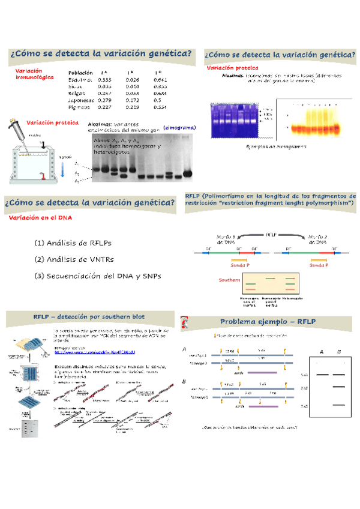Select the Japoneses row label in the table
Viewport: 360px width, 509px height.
point(80,100)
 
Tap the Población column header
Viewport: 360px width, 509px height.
point(80,73)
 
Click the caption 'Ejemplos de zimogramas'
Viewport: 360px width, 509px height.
point(276,146)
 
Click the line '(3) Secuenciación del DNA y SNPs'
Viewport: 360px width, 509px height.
point(97,276)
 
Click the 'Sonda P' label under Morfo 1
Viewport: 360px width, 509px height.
point(240,265)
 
